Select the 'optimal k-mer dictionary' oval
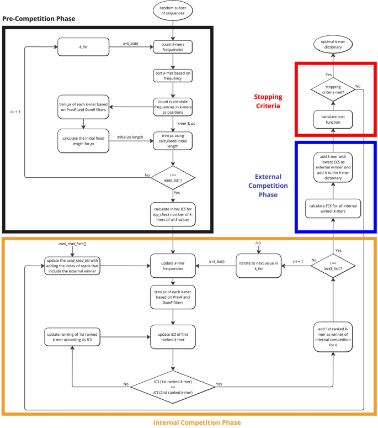(x=333, y=44)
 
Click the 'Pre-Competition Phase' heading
(x=39, y=19)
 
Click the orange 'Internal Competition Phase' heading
(x=189, y=422)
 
